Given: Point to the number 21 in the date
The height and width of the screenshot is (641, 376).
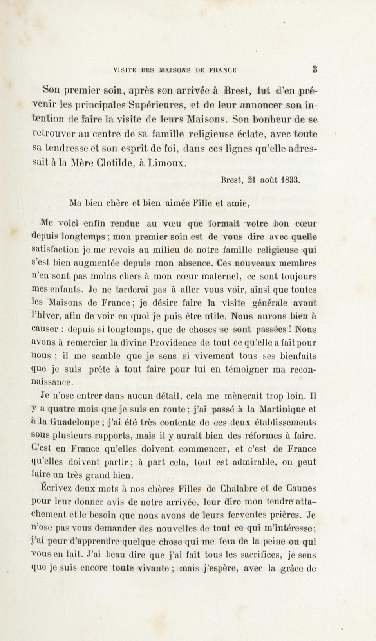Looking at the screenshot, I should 252,180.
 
